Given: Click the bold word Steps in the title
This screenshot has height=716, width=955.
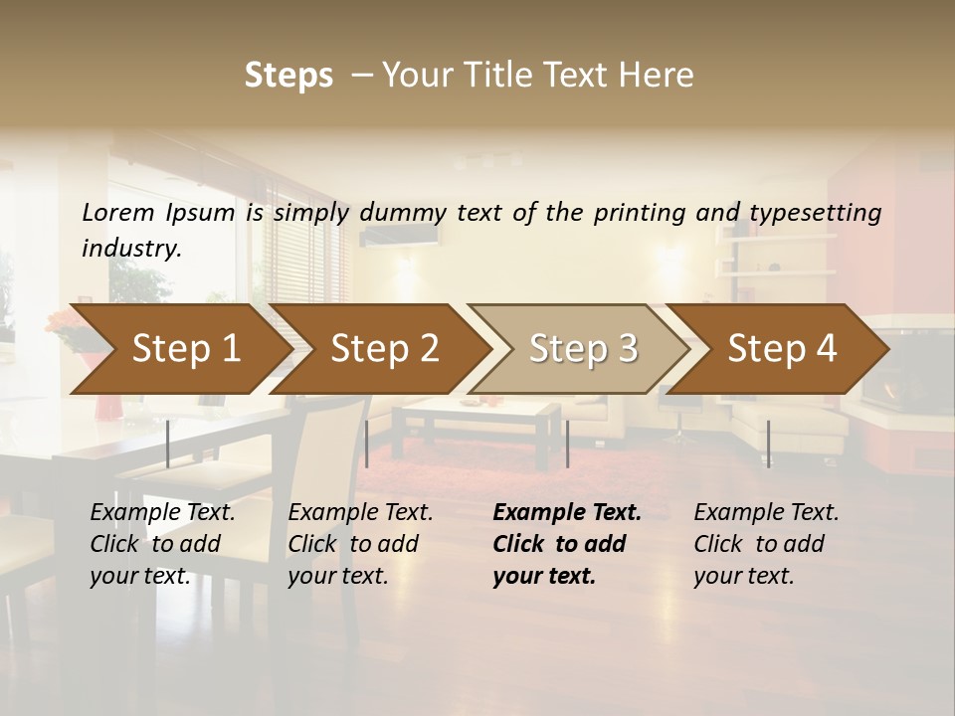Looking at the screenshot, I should (x=288, y=76).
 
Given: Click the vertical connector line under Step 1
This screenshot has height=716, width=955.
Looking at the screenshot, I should (x=168, y=444).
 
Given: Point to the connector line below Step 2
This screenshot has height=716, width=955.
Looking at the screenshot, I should (x=367, y=444).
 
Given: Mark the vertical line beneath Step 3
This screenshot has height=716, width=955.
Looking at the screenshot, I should (x=567, y=444).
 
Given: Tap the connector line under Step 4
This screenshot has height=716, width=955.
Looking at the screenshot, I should (x=768, y=444).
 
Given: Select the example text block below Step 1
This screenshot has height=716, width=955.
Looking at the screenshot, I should (x=162, y=544).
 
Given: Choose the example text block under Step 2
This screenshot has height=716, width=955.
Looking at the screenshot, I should (x=360, y=544).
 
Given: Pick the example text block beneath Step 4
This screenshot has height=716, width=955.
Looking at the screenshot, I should (x=766, y=544).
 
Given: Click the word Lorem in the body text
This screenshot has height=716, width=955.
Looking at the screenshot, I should (x=118, y=213).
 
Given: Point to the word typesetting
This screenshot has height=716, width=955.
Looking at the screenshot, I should (x=815, y=213).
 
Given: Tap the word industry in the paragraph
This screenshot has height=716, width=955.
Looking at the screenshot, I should (x=131, y=248).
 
